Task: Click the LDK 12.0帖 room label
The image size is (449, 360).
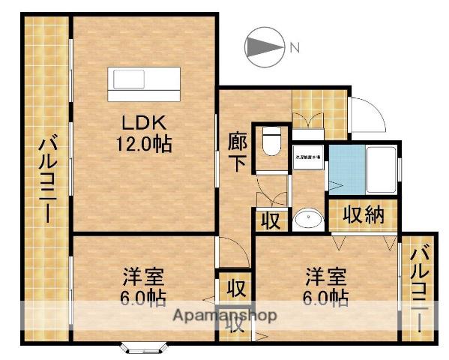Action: [142, 133]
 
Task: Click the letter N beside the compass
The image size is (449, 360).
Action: [295, 47]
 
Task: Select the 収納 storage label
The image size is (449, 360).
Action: [364, 215]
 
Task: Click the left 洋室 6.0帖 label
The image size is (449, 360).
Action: [145, 286]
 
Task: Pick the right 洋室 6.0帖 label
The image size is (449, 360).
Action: [325, 286]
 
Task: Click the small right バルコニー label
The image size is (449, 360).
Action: [421, 289]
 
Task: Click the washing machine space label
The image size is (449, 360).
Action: [307, 157]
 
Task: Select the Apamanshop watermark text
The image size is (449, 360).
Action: [225, 315]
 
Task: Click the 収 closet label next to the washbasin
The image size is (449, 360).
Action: [270, 221]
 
